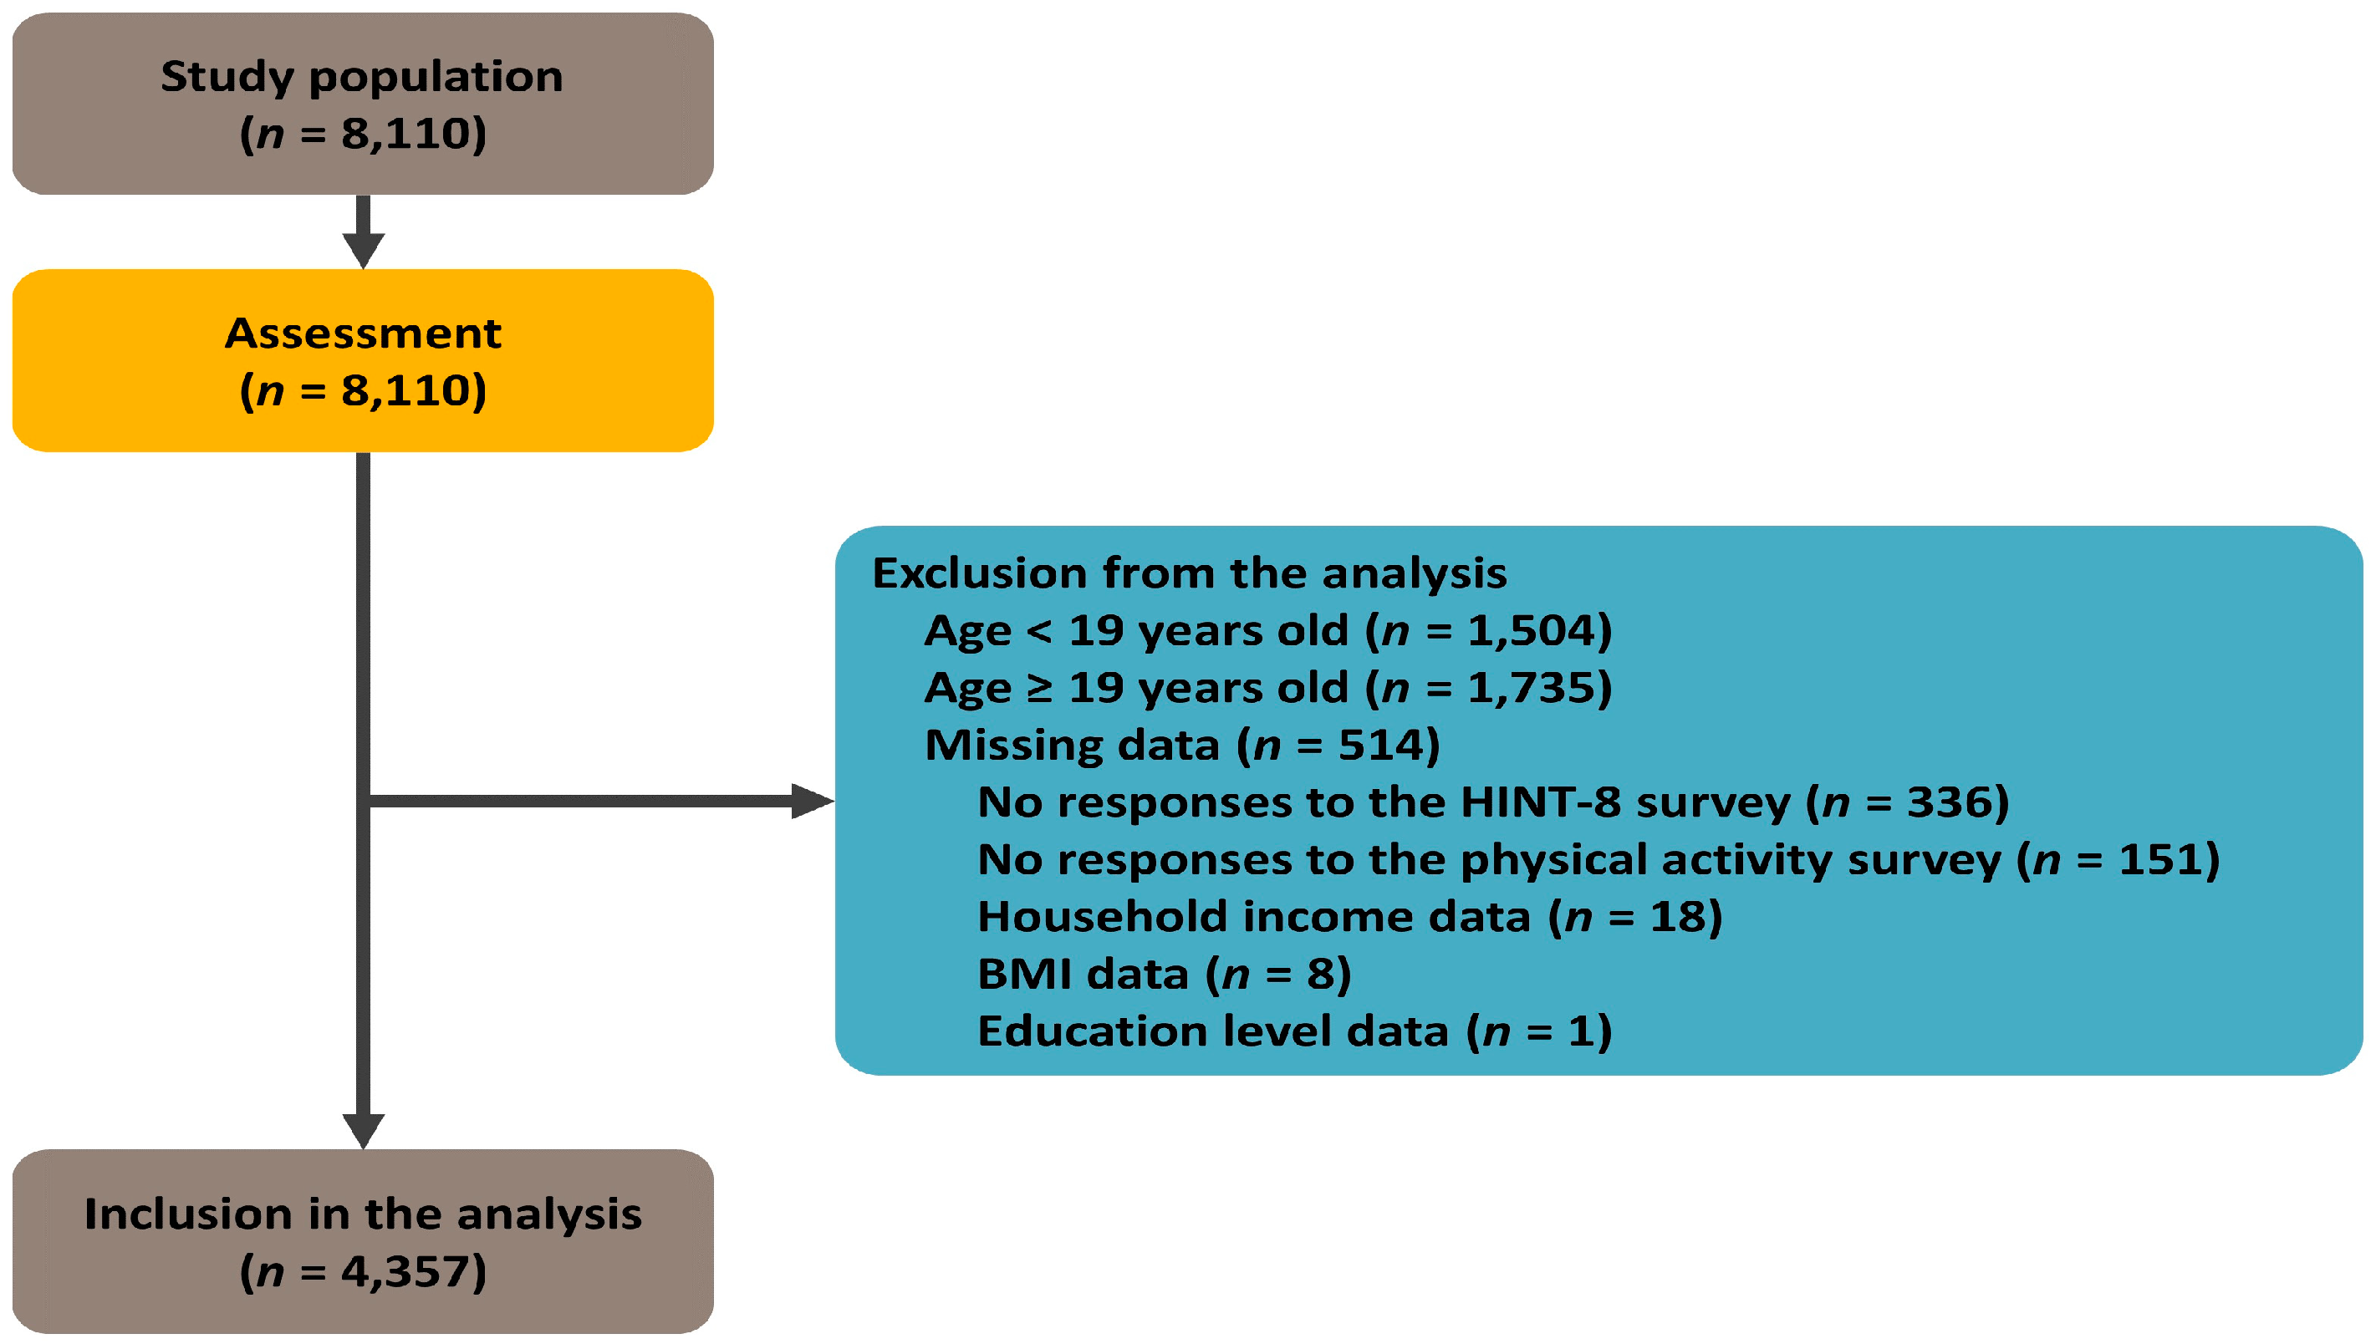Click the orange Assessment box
coord(363,360)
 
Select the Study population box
coord(363,104)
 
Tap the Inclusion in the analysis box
coord(363,1240)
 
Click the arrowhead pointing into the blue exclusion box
coord(813,802)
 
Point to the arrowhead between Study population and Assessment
coord(363,250)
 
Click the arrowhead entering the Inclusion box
coord(363,1132)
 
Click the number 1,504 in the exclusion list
coord(1532,630)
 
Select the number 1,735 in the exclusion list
coord(1532,688)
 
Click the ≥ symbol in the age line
coord(1039,689)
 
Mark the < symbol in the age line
coord(1039,631)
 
